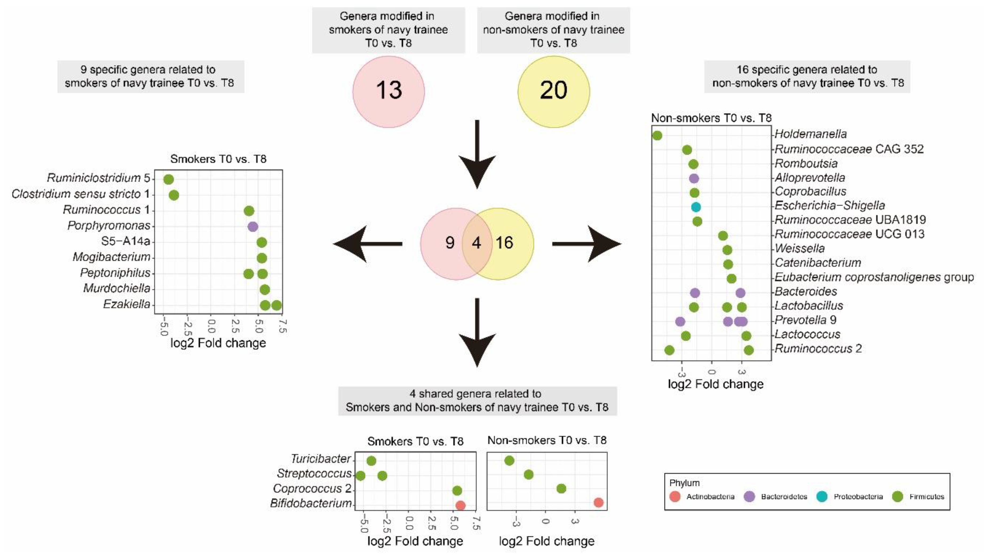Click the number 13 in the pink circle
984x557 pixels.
pos(389,90)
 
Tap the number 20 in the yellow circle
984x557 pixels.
pos(553,90)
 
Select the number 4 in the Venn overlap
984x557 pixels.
pos(476,243)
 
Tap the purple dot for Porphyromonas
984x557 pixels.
pos(253,227)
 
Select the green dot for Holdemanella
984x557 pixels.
pos(657,135)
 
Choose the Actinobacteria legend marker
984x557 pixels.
pos(675,497)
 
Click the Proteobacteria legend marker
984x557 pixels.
pos(822,497)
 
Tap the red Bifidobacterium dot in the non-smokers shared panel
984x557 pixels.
pos(598,503)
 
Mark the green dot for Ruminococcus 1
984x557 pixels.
pos(249,211)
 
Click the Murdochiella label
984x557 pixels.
pos(117,288)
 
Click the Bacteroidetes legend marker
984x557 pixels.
pos(749,497)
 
